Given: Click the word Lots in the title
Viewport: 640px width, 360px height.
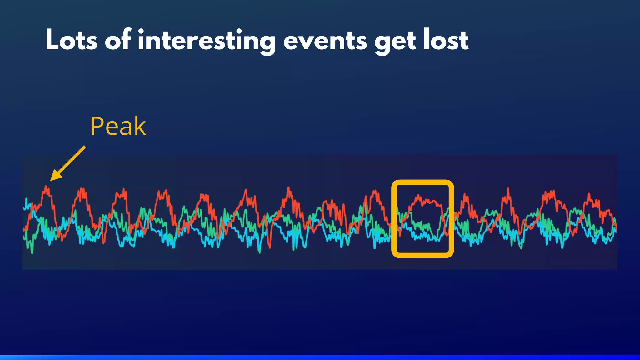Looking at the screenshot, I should pos(71,41).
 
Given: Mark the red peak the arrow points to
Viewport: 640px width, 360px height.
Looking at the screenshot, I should pos(47,188).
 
